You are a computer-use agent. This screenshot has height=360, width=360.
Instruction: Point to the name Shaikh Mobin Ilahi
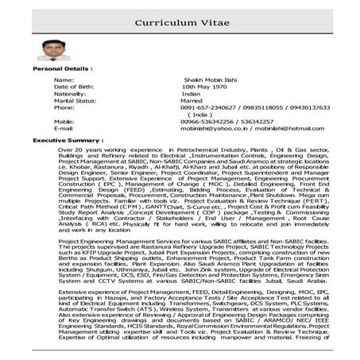click(205, 80)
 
